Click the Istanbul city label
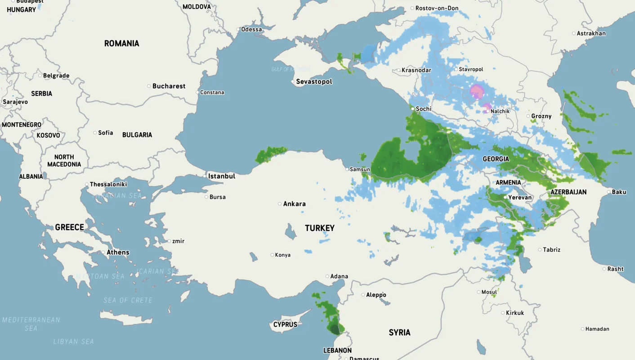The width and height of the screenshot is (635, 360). pyautogui.click(x=222, y=176)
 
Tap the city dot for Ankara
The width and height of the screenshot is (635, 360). pyautogui.click(x=280, y=204)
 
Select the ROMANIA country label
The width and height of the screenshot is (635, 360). pyautogui.click(x=121, y=44)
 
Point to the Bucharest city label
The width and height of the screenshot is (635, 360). pyautogui.click(x=169, y=86)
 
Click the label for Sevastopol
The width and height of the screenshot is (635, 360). pyautogui.click(x=314, y=81)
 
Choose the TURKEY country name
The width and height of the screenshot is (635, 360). pyautogui.click(x=320, y=228)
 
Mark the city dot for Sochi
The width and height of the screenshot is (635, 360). pyautogui.click(x=412, y=108)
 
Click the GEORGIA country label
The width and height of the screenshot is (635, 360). pyautogui.click(x=496, y=159)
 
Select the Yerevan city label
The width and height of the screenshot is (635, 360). pyautogui.click(x=520, y=198)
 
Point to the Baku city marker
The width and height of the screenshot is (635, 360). pyautogui.click(x=609, y=192)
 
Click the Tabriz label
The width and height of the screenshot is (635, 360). pyautogui.click(x=551, y=250)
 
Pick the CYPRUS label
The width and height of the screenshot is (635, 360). pyautogui.click(x=285, y=324)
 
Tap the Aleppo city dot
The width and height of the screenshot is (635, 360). pyautogui.click(x=363, y=295)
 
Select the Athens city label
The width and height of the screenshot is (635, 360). pyautogui.click(x=118, y=252)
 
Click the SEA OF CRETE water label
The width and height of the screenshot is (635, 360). pyautogui.click(x=128, y=300)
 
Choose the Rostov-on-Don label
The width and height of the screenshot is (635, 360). pyautogui.click(x=437, y=8)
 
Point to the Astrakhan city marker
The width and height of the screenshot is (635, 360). pyautogui.click(x=573, y=33)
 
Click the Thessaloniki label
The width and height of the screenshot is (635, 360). pyautogui.click(x=108, y=184)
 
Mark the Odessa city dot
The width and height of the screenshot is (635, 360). pyautogui.click(x=238, y=29)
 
